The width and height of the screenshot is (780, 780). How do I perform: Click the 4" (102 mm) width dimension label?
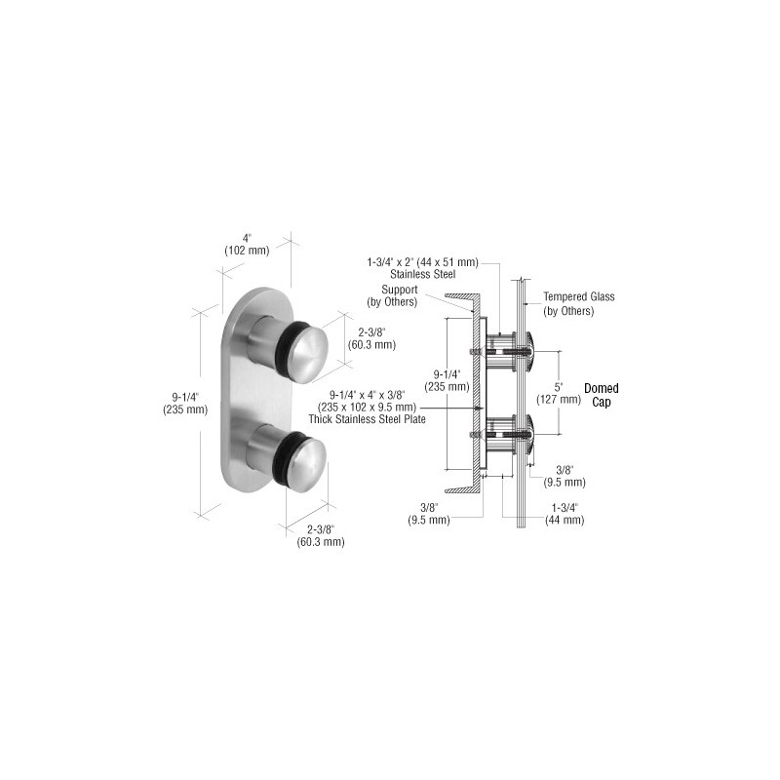(247, 245)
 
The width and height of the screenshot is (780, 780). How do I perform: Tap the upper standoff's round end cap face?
(308, 352)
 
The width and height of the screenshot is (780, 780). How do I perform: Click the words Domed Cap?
(601, 395)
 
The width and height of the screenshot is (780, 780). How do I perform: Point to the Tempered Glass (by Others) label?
(578, 304)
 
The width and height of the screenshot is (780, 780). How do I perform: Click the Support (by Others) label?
(393, 295)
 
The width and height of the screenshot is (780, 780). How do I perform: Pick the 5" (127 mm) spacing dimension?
(558, 393)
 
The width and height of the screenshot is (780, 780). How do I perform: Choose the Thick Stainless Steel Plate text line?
(368, 419)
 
